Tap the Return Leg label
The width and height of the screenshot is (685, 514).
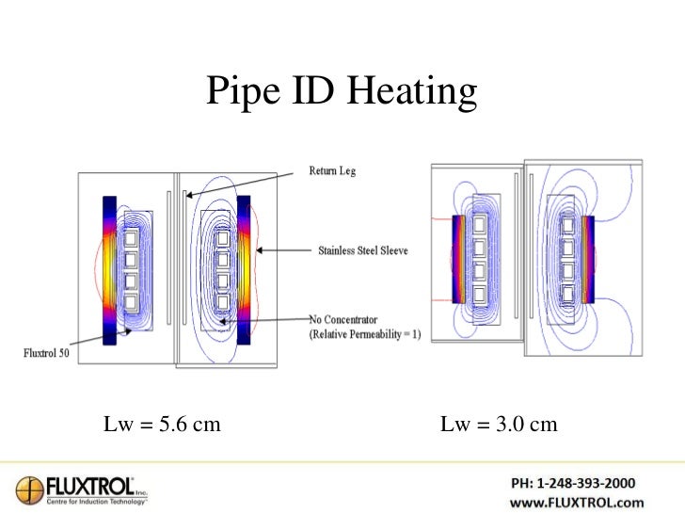(x=327, y=171)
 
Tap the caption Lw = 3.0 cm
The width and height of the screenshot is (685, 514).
(x=499, y=425)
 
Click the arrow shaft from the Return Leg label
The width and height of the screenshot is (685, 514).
(x=245, y=183)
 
